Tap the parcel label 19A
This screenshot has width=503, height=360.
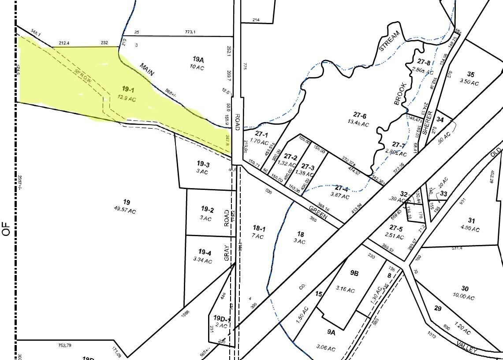click(x=198, y=59)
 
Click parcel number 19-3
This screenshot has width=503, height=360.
click(x=203, y=164)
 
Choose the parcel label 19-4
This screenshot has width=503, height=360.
click(x=205, y=252)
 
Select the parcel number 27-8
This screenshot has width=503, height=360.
click(x=423, y=62)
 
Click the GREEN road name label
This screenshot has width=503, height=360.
click(x=318, y=212)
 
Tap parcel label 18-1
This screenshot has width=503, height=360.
click(x=259, y=228)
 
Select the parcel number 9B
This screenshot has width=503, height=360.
click(x=354, y=273)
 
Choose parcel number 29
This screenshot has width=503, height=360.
click(x=437, y=308)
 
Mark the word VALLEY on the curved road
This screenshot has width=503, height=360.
click(x=467, y=347)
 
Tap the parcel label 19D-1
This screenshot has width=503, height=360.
click(x=222, y=318)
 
